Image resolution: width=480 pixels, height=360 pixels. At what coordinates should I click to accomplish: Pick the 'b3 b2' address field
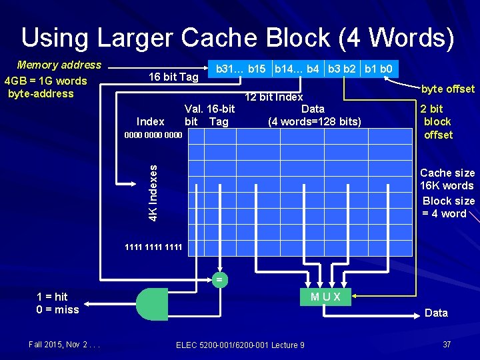343,68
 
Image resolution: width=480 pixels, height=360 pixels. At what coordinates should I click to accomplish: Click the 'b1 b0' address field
378,68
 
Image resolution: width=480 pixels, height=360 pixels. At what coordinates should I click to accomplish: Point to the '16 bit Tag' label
173,77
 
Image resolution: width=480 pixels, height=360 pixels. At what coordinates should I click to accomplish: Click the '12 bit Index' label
273,97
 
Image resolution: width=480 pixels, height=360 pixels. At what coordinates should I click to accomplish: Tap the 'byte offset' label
447,89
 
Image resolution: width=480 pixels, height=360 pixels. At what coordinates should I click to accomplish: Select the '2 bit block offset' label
437,121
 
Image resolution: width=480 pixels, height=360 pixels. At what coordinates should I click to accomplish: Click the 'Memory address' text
59,65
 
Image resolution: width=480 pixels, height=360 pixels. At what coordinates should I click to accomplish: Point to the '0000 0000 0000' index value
153,134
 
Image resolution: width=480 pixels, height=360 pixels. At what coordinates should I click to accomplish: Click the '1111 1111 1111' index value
153,247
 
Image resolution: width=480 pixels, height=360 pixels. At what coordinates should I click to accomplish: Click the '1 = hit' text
52,297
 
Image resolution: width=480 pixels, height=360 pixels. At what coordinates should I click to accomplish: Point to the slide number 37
447,344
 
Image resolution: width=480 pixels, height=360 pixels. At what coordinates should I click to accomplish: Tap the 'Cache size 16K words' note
447,179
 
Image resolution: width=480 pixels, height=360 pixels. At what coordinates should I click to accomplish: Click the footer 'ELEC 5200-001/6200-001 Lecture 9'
240,345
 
